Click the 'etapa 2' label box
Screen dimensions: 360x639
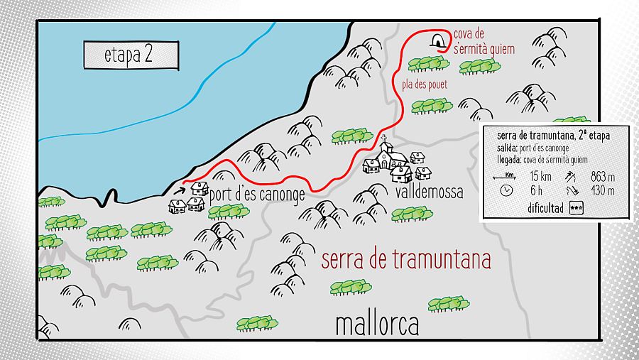(129, 55)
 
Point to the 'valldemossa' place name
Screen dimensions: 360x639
(425, 192)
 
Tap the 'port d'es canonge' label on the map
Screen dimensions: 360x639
(258, 194)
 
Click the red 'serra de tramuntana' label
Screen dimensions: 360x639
(405, 260)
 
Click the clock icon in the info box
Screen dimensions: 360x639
(506, 190)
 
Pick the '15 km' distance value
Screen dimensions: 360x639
(536, 177)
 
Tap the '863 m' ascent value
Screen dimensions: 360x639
(602, 177)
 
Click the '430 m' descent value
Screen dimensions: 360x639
(602, 190)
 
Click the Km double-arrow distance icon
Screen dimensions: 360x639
(507, 176)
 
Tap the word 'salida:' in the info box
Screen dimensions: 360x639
(507, 148)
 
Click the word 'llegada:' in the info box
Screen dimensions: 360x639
(508, 159)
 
